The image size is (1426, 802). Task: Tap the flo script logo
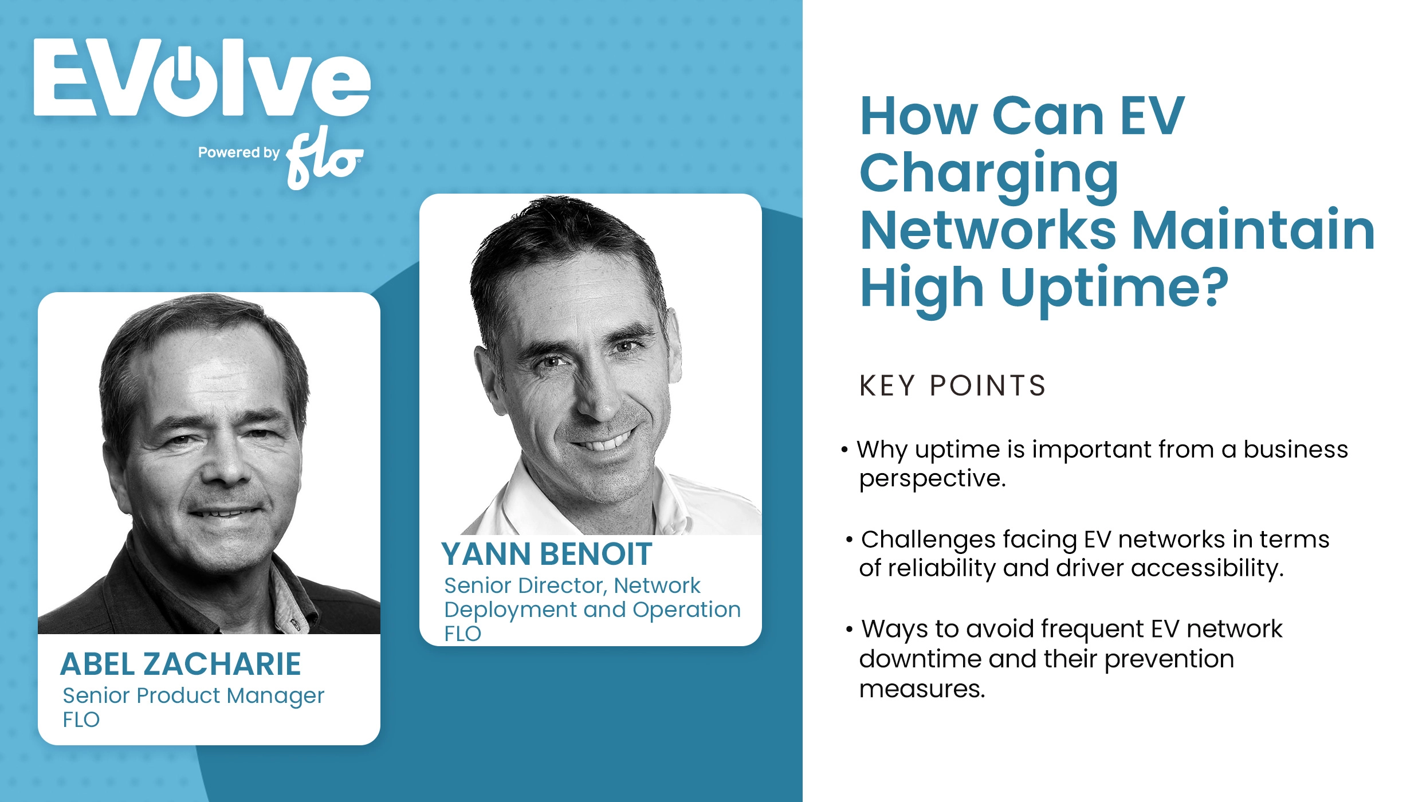(324, 158)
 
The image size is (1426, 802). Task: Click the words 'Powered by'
(238, 152)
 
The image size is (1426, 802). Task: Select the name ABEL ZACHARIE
(180, 665)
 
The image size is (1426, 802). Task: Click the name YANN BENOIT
(547, 554)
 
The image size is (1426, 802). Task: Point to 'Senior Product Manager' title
(193, 695)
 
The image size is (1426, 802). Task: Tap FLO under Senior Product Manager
(81, 720)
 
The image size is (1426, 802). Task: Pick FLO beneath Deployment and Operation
(462, 634)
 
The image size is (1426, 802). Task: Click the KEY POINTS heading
(953, 386)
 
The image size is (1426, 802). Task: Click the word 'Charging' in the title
(989, 173)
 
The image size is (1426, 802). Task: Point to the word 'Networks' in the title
(988, 230)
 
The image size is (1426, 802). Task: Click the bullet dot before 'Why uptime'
(844, 450)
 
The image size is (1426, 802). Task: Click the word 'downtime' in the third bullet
(920, 659)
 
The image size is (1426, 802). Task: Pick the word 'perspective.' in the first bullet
(932, 479)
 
